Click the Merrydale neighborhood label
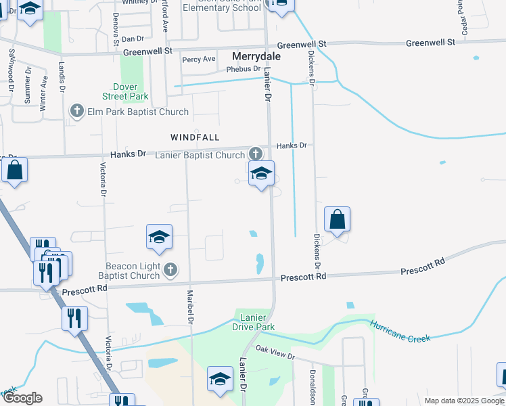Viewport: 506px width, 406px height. coord(256,57)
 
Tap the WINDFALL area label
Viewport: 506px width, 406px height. coord(195,137)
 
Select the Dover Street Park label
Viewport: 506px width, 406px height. coord(125,92)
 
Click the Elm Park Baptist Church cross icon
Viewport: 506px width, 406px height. coord(77,110)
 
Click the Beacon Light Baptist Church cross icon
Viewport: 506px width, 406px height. coord(170,270)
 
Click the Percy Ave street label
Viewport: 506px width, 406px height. coord(199,60)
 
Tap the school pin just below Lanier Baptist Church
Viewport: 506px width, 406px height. coord(261,173)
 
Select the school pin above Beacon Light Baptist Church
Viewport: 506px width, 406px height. coord(159,237)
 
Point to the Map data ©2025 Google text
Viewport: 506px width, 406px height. coord(464,401)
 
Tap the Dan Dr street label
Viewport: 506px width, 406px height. coord(133,39)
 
